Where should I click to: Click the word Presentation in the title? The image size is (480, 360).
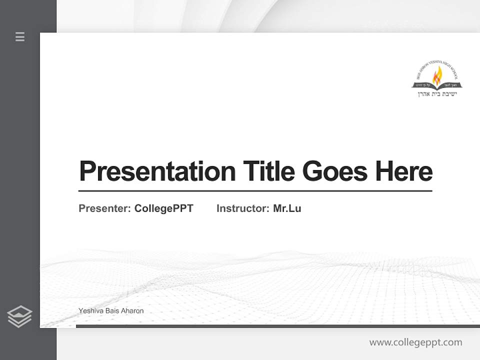[x=157, y=171]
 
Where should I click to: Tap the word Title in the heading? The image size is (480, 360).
[x=268, y=171]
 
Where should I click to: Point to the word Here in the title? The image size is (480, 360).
[x=404, y=171]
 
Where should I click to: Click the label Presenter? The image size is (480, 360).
[x=104, y=208]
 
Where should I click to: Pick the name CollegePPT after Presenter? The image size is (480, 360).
[x=163, y=208]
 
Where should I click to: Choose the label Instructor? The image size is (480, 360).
[x=242, y=208]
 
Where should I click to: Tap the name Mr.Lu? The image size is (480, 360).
[x=287, y=208]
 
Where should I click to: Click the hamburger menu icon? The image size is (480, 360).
[x=20, y=36]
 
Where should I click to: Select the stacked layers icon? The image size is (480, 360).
[x=19, y=316]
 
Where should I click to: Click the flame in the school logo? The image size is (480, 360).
[x=437, y=75]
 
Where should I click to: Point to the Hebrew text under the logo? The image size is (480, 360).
[x=437, y=93]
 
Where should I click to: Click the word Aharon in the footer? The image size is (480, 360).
[x=132, y=311]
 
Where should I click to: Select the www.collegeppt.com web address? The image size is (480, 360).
[x=415, y=342]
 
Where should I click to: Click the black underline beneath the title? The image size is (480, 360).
[x=255, y=190]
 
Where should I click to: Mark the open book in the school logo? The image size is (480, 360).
[x=437, y=85]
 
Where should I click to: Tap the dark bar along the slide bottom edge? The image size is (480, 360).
[x=277, y=326]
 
